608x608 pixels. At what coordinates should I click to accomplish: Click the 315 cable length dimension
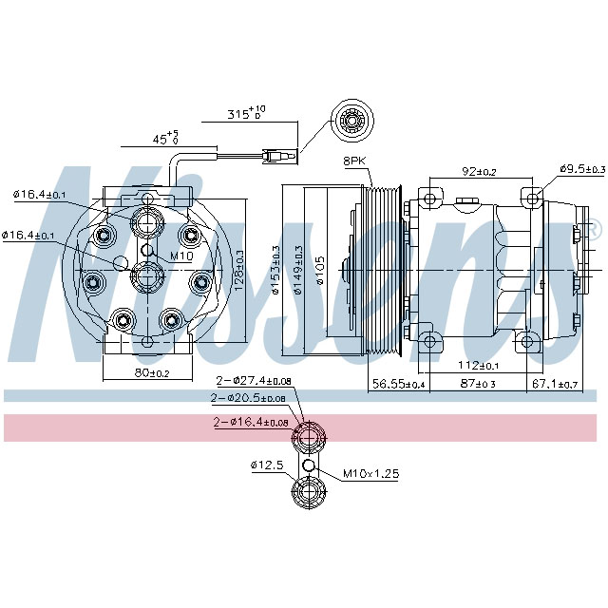246,113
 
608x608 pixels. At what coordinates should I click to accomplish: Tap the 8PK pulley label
354,161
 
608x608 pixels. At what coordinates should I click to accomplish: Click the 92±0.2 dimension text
480,172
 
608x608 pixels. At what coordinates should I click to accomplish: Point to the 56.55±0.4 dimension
397,384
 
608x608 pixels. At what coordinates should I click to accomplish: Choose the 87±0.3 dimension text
479,384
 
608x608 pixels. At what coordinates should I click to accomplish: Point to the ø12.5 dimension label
267,465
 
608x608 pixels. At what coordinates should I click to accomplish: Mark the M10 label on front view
180,256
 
